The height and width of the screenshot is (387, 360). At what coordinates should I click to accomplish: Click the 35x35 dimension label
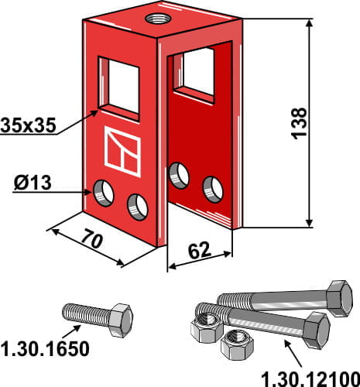pos(27,125)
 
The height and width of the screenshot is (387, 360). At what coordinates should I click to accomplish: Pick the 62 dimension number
pos(199,251)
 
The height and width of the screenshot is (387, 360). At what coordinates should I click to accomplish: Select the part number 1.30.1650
pos(46,349)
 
